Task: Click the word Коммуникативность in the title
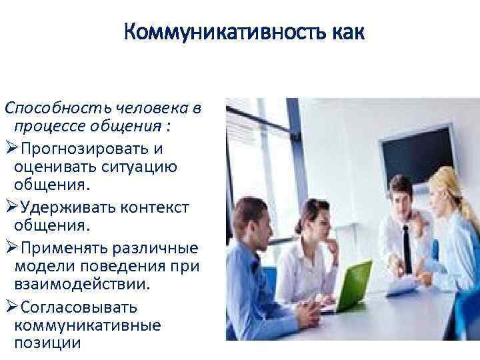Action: [217, 32]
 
